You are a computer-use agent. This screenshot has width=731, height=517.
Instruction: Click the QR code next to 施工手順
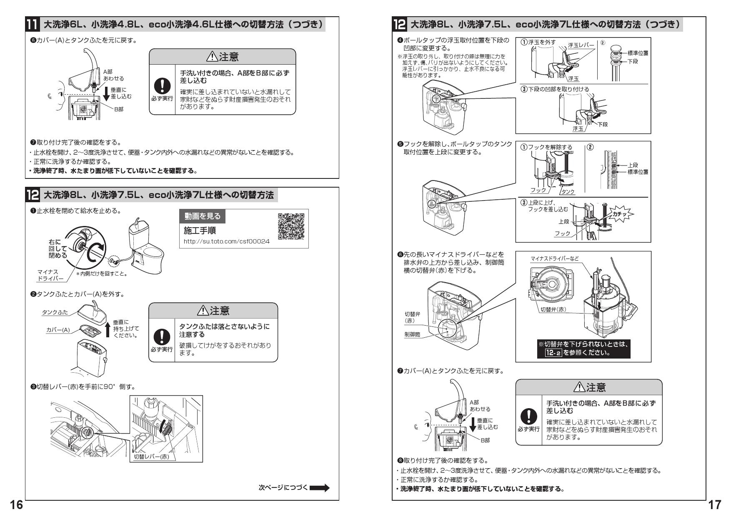(x=291, y=226)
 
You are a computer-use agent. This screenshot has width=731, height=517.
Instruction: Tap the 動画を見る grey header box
(x=203, y=216)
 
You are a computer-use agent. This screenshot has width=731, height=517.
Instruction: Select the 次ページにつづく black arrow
(x=320, y=487)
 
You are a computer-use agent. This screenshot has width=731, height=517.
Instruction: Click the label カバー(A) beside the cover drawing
(x=58, y=330)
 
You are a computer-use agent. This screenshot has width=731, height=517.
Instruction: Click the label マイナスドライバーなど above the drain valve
(x=554, y=259)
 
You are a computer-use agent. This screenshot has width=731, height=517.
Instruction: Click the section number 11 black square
(x=33, y=25)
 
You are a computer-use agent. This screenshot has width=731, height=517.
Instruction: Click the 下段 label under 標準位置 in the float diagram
(x=632, y=61)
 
